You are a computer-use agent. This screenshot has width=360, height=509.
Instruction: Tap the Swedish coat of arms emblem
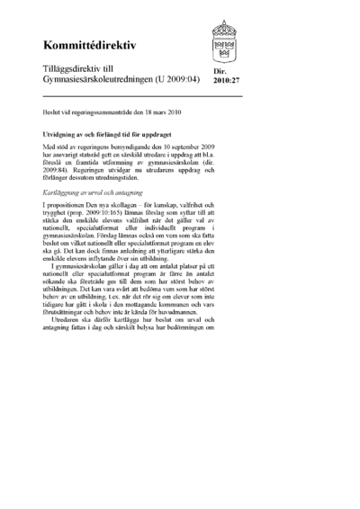tap(225, 40)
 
